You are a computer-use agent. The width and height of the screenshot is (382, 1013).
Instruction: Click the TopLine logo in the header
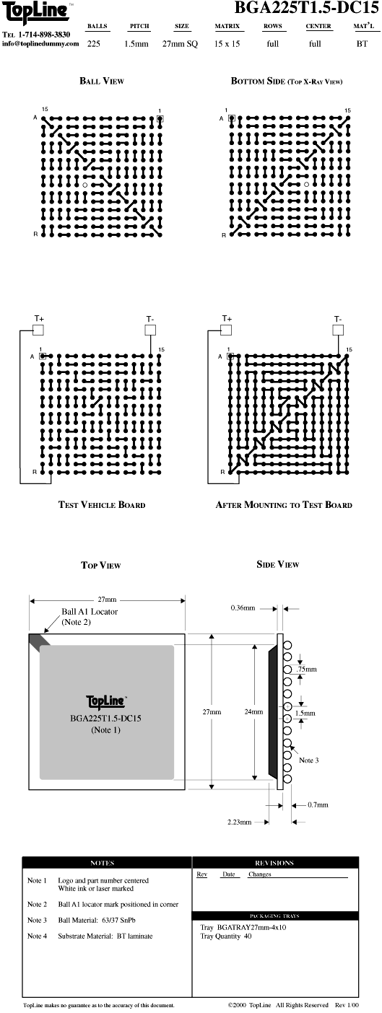click(36, 14)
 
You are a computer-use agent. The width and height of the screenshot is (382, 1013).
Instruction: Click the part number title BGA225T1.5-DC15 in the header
click(306, 7)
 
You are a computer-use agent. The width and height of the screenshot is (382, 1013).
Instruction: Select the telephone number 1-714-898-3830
click(44, 35)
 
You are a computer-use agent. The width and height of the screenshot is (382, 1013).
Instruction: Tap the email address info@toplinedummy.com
click(40, 44)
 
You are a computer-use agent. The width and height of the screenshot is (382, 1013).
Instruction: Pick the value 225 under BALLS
click(94, 44)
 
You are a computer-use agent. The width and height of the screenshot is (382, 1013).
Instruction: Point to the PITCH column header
click(139, 26)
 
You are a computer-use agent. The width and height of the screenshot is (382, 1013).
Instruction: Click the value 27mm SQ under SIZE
click(180, 44)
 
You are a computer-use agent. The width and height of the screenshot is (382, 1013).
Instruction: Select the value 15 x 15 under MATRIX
click(227, 44)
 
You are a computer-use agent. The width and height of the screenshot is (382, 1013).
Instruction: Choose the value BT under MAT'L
click(362, 44)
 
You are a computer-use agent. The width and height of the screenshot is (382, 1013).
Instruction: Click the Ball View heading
click(102, 81)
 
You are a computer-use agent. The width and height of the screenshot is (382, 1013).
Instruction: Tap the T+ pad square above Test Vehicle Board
click(38, 330)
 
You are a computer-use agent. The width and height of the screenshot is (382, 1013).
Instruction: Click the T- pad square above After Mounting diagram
click(338, 330)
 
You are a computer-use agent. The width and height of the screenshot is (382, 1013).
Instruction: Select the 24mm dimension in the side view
click(253, 711)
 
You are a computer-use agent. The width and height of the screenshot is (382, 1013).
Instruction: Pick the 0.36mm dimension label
click(243, 608)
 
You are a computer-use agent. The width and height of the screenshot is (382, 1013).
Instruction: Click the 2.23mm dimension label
click(240, 822)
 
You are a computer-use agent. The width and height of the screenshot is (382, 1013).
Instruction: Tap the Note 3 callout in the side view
click(308, 760)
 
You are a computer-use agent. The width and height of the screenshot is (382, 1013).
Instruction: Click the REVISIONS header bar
click(275, 862)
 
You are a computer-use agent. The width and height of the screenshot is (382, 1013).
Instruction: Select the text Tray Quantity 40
click(226, 936)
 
